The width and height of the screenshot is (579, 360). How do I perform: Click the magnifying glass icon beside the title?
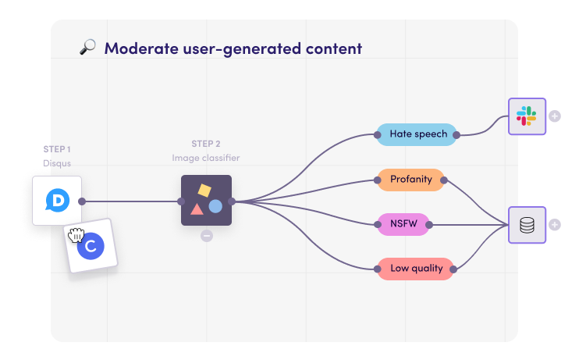coord(88,48)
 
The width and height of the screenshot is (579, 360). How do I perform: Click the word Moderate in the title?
coord(141,48)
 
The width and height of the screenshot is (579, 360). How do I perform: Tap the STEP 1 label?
coord(57,149)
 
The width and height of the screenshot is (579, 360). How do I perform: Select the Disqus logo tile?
coord(57,201)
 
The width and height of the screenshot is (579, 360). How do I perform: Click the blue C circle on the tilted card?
coord(91,246)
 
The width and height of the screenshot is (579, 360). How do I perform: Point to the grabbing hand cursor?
coord(76,235)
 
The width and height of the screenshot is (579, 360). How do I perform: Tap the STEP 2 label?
coord(206,144)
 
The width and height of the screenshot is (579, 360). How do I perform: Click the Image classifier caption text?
coord(206,158)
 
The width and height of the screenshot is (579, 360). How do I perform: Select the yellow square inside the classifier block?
coord(204,191)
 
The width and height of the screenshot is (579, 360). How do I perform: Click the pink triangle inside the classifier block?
coord(197,209)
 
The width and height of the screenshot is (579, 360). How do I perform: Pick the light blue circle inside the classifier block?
coord(215,207)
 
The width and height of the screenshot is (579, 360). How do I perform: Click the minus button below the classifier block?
coord(207,236)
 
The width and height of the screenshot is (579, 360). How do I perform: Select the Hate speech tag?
coord(417,134)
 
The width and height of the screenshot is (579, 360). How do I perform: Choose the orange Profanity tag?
coord(410,180)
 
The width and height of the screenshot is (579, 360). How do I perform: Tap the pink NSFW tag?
coord(403,224)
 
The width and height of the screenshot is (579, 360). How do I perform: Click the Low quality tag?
coord(415,269)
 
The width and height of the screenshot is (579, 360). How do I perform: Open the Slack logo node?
coord(527,116)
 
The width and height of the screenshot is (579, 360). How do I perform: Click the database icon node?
coord(527,225)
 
